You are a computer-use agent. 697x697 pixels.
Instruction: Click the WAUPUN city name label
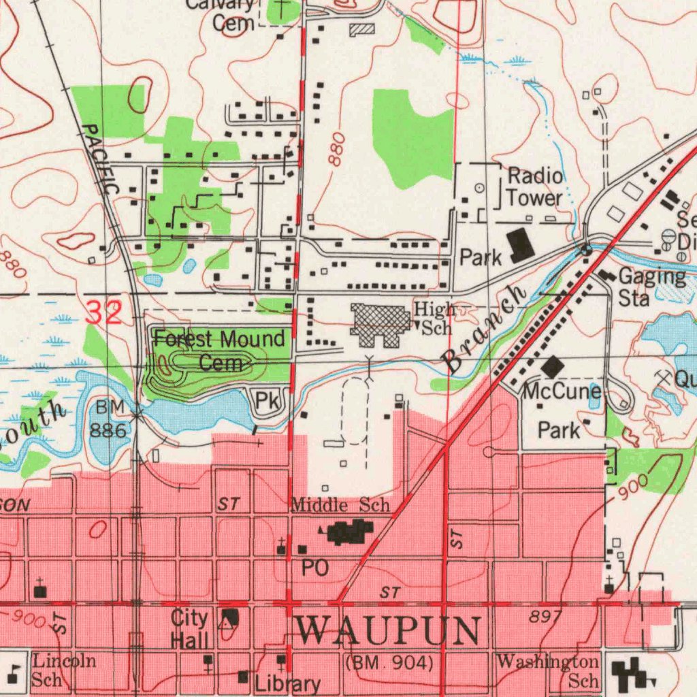click(x=389, y=632)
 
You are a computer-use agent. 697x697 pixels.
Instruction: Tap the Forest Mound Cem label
click(x=219, y=350)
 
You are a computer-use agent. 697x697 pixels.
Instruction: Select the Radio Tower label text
click(x=536, y=187)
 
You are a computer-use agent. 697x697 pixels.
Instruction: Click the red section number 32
click(x=104, y=313)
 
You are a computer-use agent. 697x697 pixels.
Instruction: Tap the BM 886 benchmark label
click(x=109, y=419)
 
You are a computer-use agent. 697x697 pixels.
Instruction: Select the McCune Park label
click(x=562, y=410)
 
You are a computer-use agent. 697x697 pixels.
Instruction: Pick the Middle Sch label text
click(x=340, y=505)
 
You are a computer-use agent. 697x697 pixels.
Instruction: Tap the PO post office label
click(x=315, y=568)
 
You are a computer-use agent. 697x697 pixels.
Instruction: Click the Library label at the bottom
click(x=287, y=684)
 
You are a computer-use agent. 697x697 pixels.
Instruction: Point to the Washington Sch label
click(x=549, y=670)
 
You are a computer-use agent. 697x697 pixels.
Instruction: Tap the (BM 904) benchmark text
click(x=389, y=662)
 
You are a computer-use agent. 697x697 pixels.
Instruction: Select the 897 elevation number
click(x=545, y=617)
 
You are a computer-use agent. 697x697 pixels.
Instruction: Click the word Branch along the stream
click(x=485, y=329)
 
